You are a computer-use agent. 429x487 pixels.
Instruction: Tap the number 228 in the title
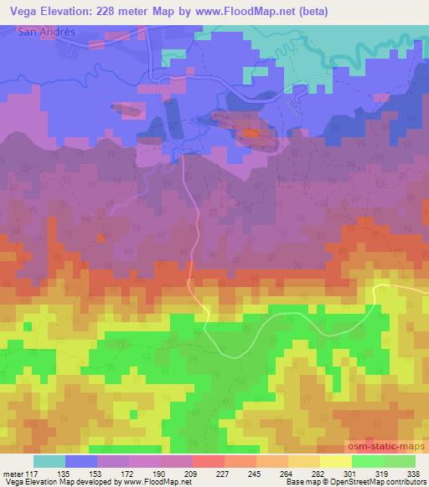(x=116, y=11)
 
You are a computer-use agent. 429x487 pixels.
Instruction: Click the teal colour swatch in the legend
(x=49, y=461)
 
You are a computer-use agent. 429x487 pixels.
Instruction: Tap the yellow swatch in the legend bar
(x=335, y=461)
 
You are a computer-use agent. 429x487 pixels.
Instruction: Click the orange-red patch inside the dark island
(x=251, y=132)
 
